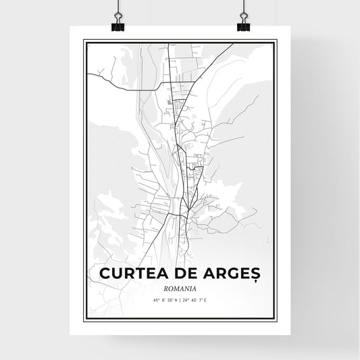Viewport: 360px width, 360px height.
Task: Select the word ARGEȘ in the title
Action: tap(232, 272)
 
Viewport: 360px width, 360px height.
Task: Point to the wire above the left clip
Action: tap(116, 7)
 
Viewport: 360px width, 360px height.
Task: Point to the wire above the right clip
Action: tap(243, 7)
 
